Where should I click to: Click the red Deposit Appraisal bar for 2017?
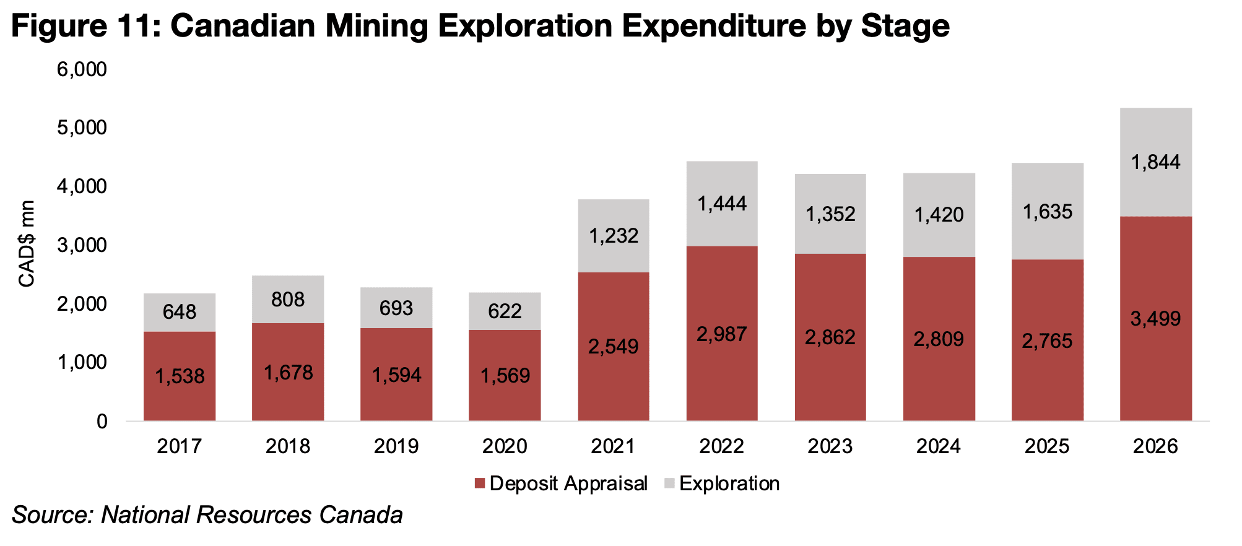[x=180, y=376]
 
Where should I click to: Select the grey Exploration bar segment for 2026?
[x=1156, y=162]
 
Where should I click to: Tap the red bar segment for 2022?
[x=722, y=334]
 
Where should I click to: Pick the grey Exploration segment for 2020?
[x=505, y=311]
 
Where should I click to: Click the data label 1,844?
[x=1156, y=162]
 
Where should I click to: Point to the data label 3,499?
[x=1156, y=319]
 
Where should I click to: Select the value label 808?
[x=288, y=300]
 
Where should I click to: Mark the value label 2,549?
[x=614, y=347]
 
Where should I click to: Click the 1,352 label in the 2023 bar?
[x=830, y=214]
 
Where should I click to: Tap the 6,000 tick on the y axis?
[x=82, y=69]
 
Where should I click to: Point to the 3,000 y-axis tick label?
[x=82, y=245]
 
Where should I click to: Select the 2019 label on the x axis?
[x=396, y=446]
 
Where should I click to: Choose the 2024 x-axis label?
[x=939, y=446]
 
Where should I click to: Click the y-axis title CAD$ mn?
[x=27, y=244]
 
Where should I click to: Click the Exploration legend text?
[x=729, y=483]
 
